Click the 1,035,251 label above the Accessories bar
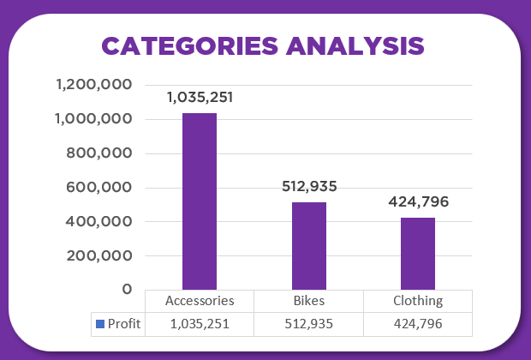tap(200, 97)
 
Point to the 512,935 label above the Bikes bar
tap(309, 186)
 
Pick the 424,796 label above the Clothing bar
tap(418, 202)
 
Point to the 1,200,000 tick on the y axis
tap(93, 85)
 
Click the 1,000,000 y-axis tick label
tap(93, 119)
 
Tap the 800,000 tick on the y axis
tap(99, 153)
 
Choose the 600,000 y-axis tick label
tap(99, 188)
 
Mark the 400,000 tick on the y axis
tap(99, 221)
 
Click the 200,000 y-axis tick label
tap(99, 255)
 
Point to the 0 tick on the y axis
tap(127, 290)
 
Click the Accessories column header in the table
tap(200, 301)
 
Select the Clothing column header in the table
tap(418, 301)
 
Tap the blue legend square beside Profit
tap(99, 324)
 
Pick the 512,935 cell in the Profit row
tap(309, 324)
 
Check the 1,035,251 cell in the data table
tap(200, 324)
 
